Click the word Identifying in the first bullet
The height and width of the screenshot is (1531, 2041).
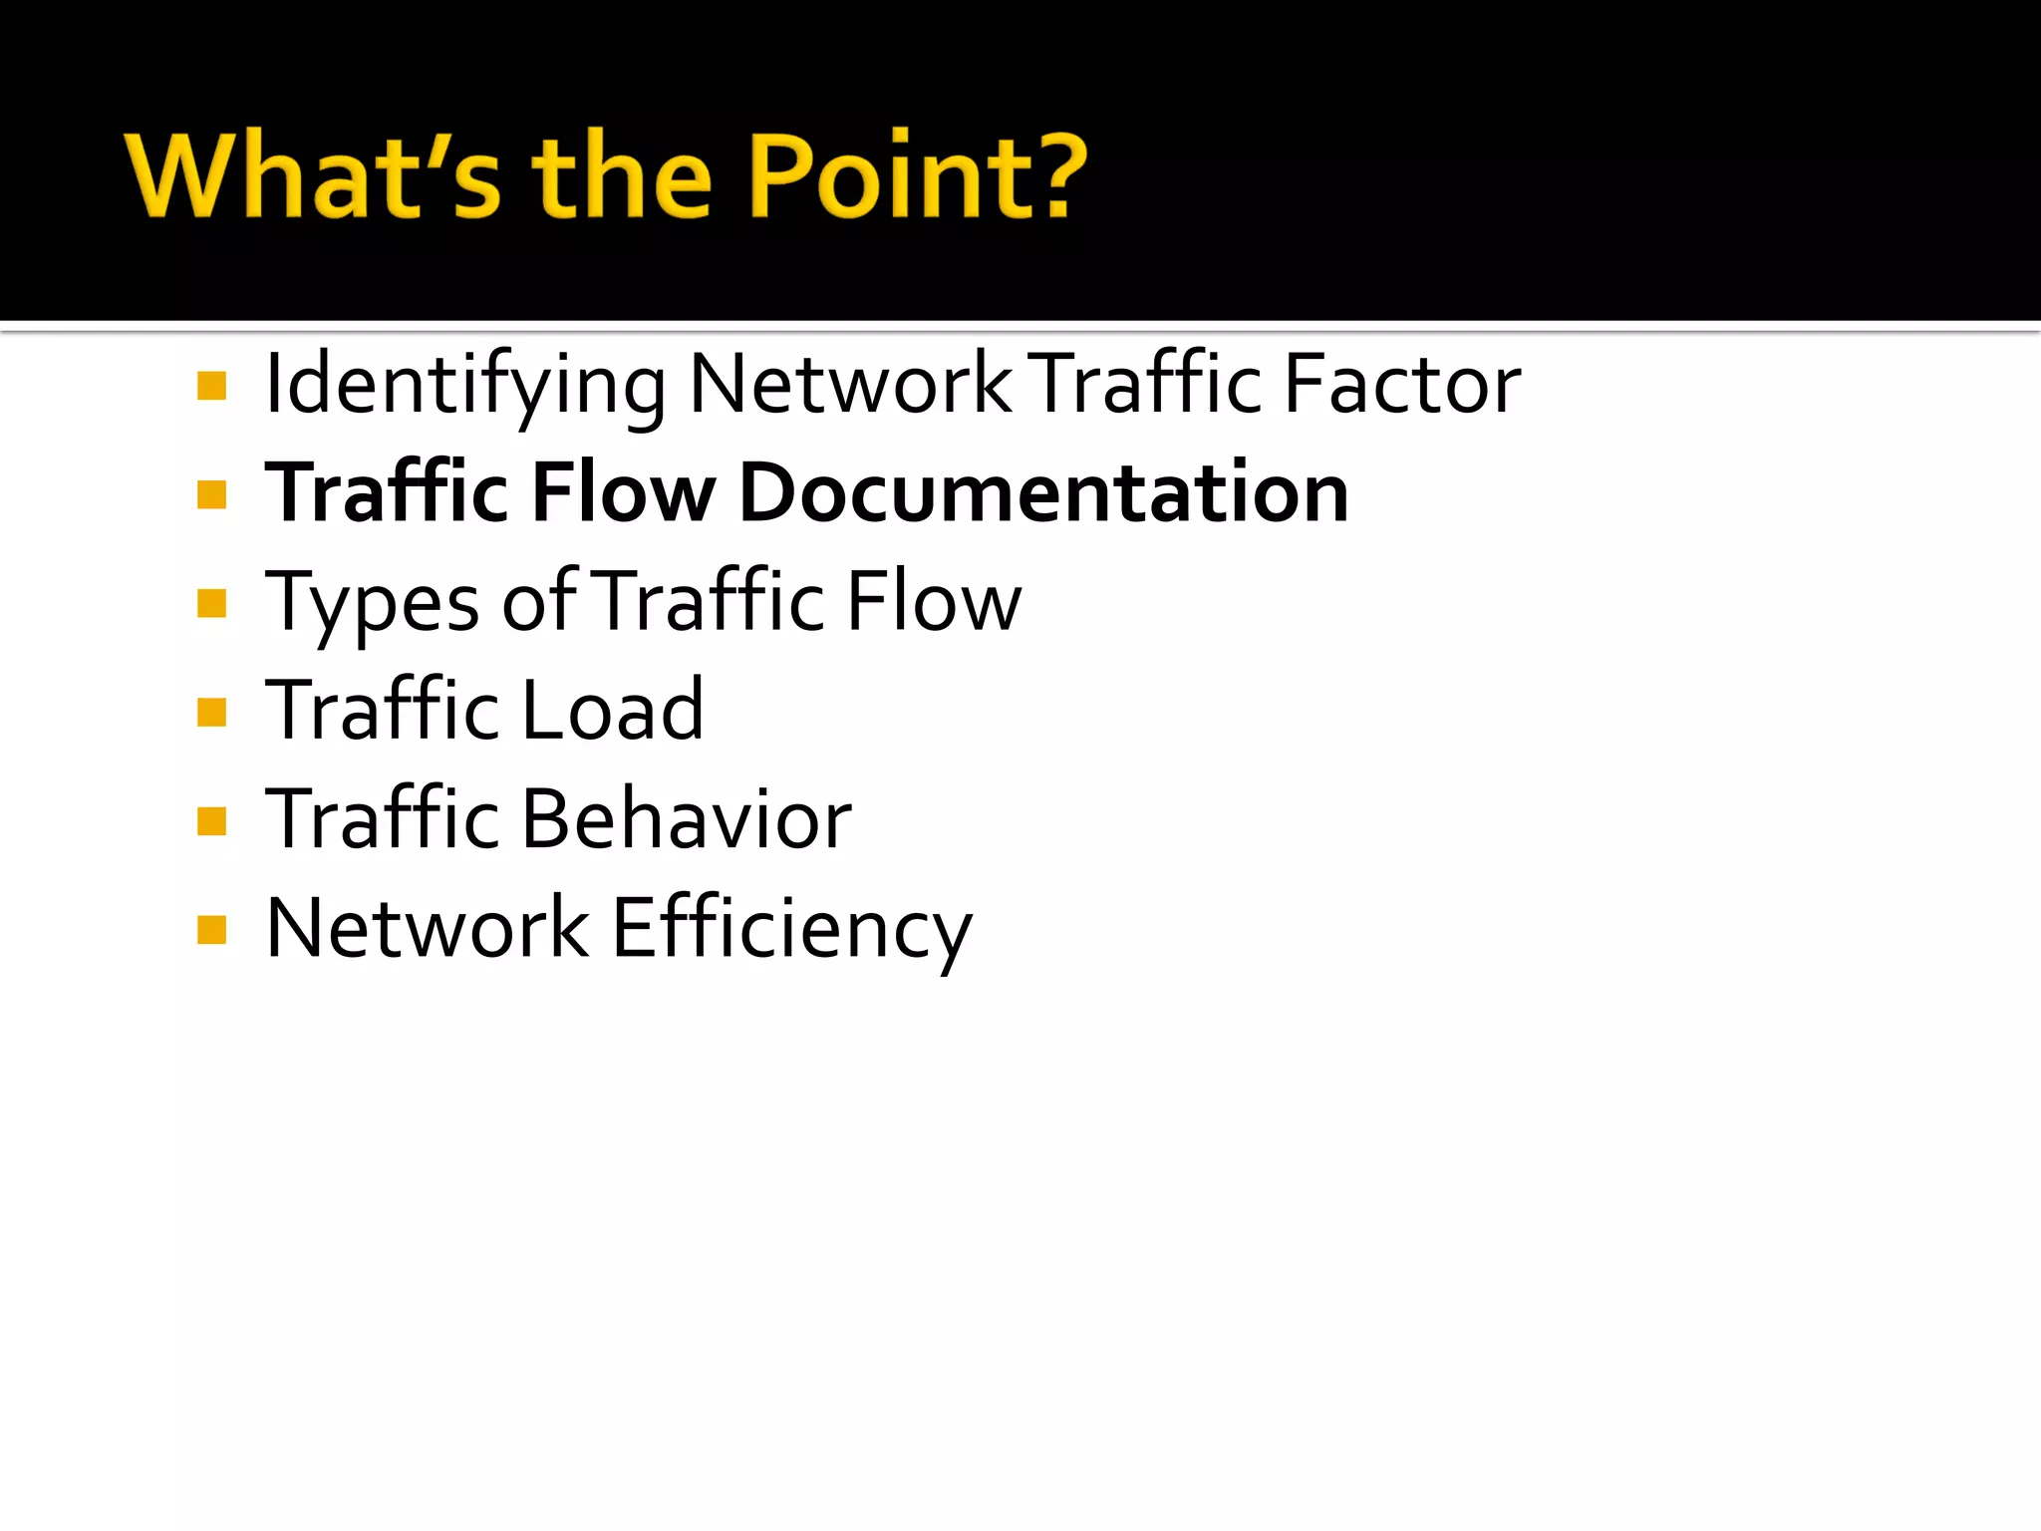[x=464, y=387]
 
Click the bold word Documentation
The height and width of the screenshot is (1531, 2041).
[x=1043, y=492]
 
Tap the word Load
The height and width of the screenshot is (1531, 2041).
[x=612, y=710]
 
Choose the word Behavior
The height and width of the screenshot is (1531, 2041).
[x=686, y=818]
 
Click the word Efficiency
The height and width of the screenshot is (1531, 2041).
[x=791, y=930]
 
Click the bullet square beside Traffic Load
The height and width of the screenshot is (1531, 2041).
[x=212, y=713]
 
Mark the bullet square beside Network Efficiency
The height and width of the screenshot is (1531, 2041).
[x=212, y=930]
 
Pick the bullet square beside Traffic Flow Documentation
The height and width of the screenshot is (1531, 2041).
[x=212, y=494]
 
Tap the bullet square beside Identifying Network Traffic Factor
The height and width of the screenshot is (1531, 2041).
[x=212, y=386]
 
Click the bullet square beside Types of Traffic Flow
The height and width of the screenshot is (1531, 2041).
[x=212, y=603]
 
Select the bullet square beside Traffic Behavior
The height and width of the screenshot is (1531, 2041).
[x=212, y=821]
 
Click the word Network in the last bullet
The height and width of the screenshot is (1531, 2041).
[x=428, y=928]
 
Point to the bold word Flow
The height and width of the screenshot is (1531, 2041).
[x=623, y=492]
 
